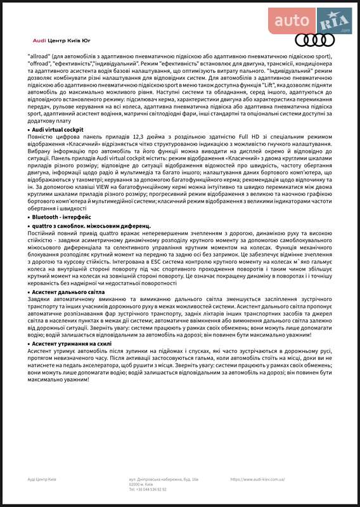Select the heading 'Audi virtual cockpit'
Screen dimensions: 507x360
[58, 129]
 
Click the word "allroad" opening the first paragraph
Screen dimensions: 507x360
[39, 56]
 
